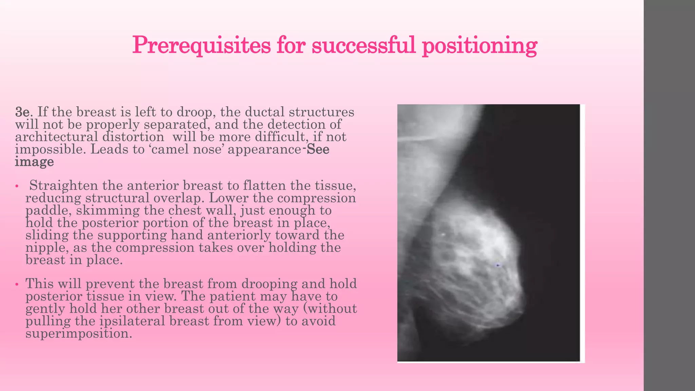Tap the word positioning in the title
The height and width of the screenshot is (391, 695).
[480, 45]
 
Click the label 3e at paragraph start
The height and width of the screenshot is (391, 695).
[22, 112]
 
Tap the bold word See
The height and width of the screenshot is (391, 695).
[318, 149]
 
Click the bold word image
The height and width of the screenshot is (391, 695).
[34, 162]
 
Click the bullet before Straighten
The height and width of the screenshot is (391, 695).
[16, 186]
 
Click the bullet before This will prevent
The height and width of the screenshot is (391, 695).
[16, 284]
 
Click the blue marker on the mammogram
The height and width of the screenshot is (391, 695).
[498, 264]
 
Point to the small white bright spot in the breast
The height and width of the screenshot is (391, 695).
[443, 234]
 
